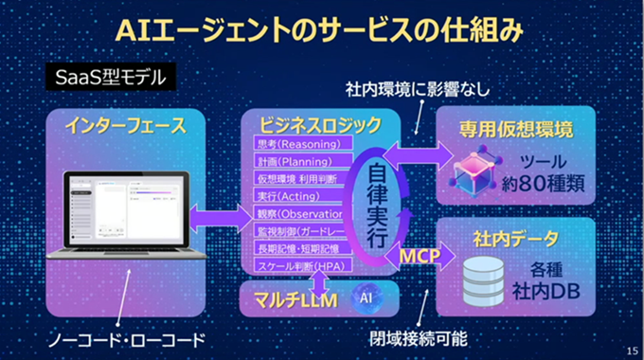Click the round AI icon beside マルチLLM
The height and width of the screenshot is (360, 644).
coord(365,297)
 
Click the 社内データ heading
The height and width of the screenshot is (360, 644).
coord(516,238)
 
